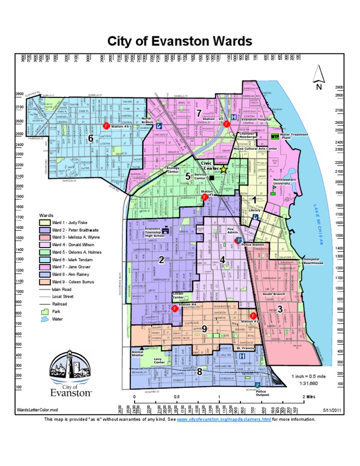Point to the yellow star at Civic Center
[x=224, y=168]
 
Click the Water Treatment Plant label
[x=293, y=136]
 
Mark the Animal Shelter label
[x=137, y=353]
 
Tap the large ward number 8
[x=200, y=371]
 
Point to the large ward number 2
[x=161, y=260]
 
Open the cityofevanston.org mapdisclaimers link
[x=224, y=419]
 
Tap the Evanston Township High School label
[x=151, y=232]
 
